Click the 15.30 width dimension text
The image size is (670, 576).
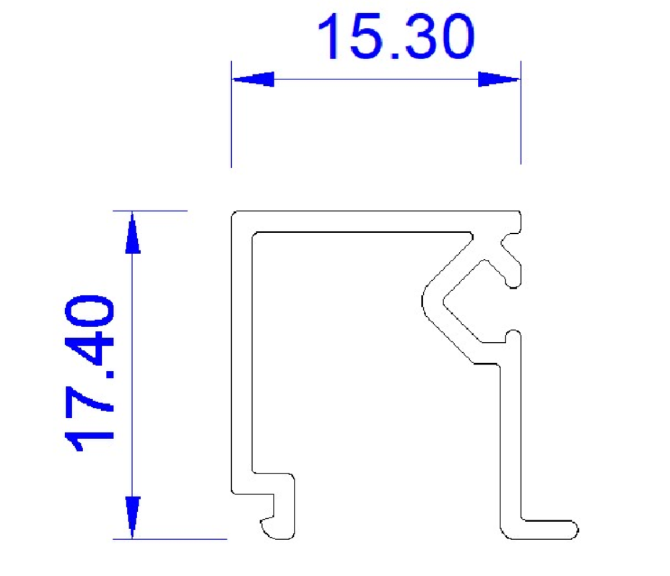(x=396, y=36)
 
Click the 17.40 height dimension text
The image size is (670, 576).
(x=90, y=373)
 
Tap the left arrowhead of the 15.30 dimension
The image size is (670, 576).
(x=253, y=79)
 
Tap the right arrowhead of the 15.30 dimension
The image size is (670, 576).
(x=499, y=79)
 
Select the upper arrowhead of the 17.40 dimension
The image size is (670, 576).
(x=132, y=233)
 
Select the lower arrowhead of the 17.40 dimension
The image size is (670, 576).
(x=132, y=517)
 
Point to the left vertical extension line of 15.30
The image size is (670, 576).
(x=231, y=114)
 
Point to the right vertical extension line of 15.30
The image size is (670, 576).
(x=521, y=113)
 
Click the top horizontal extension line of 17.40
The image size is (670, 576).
(x=150, y=211)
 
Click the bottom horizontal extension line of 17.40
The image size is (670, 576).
(x=170, y=539)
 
